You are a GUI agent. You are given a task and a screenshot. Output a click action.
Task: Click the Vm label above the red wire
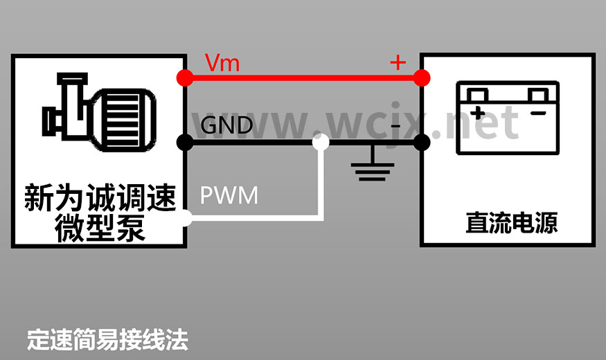tap(222, 64)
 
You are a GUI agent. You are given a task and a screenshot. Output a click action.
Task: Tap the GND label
tap(226, 125)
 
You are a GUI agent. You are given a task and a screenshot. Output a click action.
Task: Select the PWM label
tap(229, 195)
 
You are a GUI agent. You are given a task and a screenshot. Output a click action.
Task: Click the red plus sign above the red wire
tap(398, 63)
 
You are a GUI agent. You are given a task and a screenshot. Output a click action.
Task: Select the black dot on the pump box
tap(185, 143)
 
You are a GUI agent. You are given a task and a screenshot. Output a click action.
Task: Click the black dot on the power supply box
tap(421, 143)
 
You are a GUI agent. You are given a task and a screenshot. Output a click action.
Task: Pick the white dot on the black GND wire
tap(320, 143)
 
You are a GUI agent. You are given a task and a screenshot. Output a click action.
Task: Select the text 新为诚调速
tap(100, 199)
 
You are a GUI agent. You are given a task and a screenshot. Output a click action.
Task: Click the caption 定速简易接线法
tap(107, 340)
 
